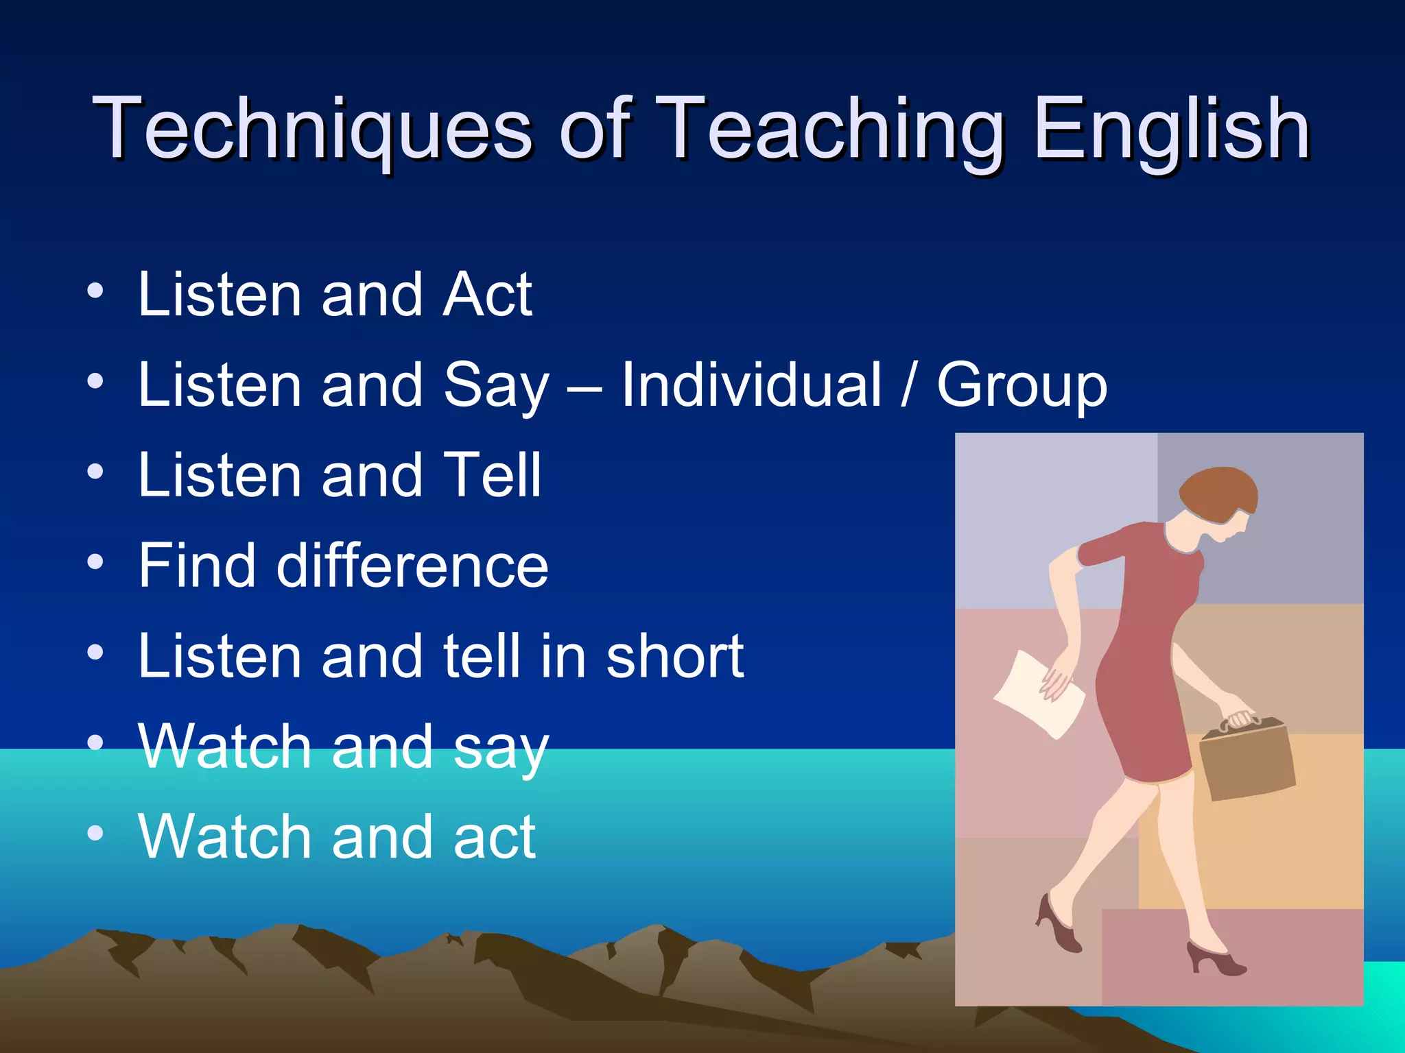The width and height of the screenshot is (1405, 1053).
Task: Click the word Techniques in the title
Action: [312, 129]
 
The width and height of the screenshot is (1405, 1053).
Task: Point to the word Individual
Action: [751, 385]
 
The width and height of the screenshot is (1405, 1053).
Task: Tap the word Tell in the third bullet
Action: [493, 475]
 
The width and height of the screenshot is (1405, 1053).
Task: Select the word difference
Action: [412, 566]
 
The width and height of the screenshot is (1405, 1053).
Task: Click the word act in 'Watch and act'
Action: [494, 838]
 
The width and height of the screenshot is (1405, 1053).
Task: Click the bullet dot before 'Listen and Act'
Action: [95, 292]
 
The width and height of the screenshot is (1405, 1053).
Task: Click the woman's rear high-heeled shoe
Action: [1056, 925]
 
